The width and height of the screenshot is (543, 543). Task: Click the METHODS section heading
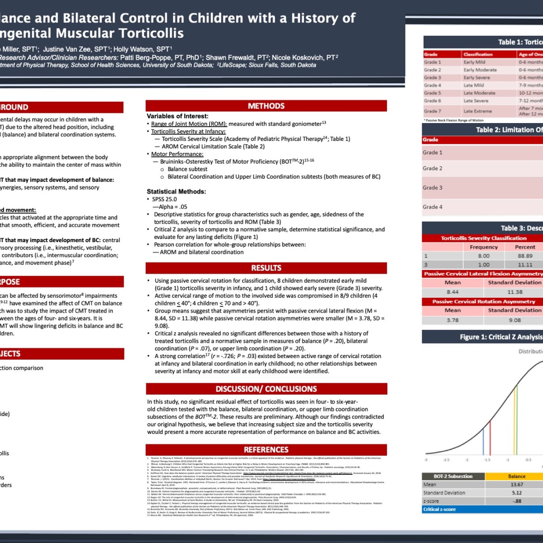tap(266, 106)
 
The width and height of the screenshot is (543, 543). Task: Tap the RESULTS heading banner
tap(266, 268)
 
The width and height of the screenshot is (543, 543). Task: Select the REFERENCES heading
tap(266, 449)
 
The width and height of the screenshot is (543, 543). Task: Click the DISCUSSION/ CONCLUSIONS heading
tap(266, 389)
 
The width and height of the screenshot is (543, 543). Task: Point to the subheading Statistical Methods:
tap(176, 191)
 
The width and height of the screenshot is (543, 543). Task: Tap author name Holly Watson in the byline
tap(142, 49)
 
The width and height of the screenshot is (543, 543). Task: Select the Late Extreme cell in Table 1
tap(477, 111)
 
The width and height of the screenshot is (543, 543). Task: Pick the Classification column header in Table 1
tap(478, 54)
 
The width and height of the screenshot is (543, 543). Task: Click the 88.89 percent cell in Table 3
tap(525, 256)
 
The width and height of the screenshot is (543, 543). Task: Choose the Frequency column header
tap(484, 247)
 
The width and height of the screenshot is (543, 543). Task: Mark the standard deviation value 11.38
tap(514, 292)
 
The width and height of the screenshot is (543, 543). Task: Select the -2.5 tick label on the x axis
tap(446, 460)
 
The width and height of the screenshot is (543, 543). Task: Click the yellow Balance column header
tap(517, 476)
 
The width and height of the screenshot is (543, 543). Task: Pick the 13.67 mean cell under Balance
tap(517, 485)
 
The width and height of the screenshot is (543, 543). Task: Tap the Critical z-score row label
tap(439, 509)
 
